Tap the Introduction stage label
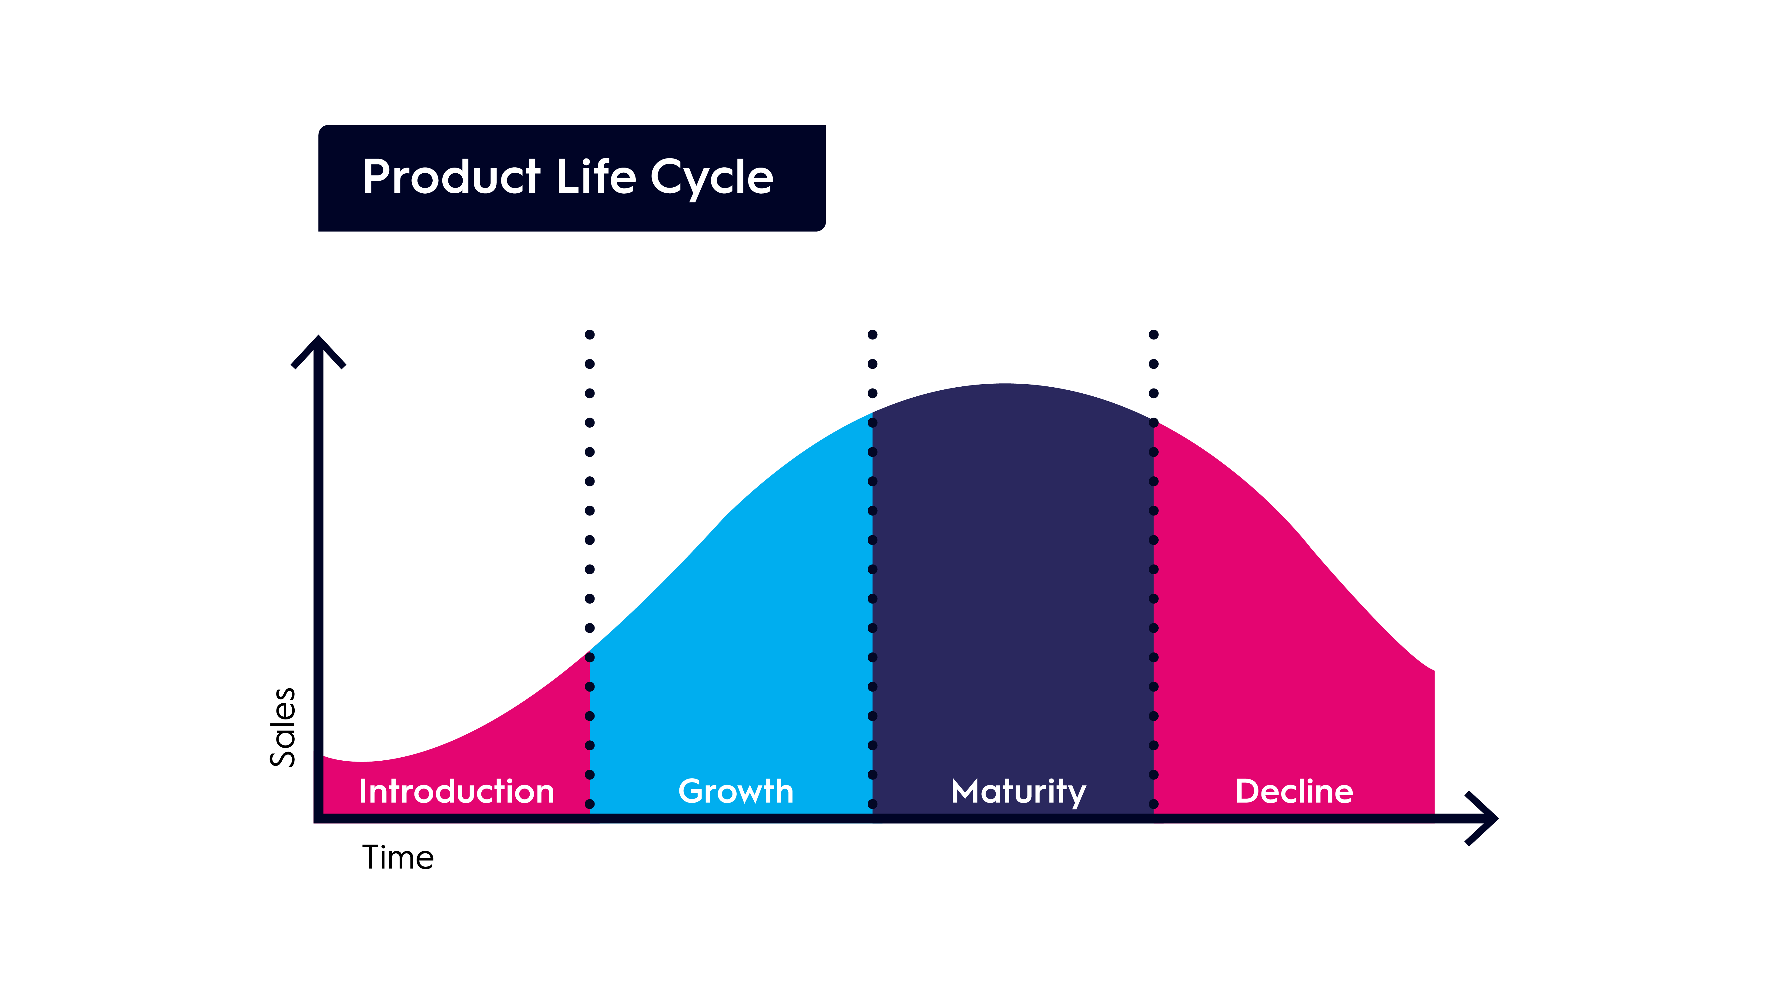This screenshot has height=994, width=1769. click(x=457, y=792)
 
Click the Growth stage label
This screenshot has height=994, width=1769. click(x=735, y=792)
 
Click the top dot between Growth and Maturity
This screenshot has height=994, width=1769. click(x=872, y=334)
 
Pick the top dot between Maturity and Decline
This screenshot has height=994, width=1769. click(x=1154, y=334)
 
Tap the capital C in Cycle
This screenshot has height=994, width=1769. click(x=668, y=177)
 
